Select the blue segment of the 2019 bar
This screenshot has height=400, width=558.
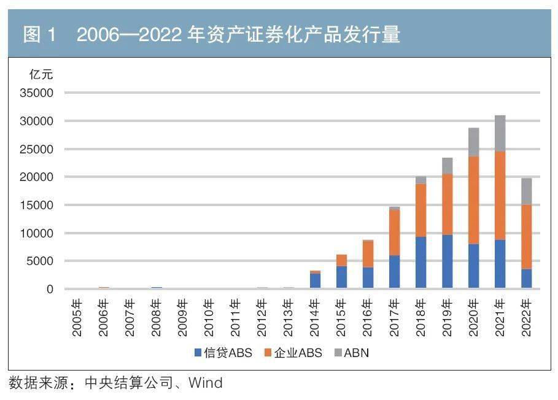(447, 261)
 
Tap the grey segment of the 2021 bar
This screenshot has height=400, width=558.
(500, 133)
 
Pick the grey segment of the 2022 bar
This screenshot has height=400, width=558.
(526, 191)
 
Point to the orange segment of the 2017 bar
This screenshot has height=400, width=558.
(394, 233)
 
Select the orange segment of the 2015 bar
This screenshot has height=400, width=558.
(341, 260)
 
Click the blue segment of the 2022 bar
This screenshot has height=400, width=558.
(526, 279)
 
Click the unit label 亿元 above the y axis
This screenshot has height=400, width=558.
(42, 75)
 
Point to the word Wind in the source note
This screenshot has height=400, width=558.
(205, 383)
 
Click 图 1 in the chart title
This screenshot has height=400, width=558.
(39, 35)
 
